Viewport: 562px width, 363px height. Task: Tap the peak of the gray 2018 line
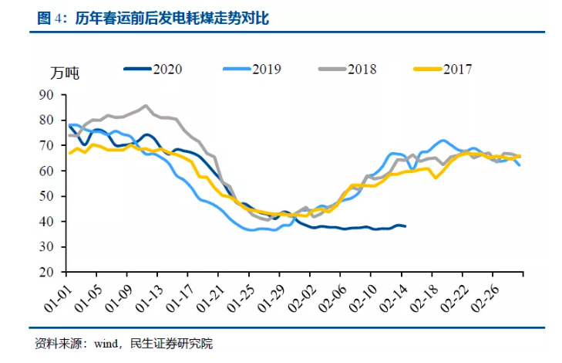pyautogui.click(x=145, y=106)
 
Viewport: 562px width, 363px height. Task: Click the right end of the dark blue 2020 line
pyautogui.click(x=406, y=226)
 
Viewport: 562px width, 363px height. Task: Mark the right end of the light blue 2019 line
pyautogui.click(x=519, y=165)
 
